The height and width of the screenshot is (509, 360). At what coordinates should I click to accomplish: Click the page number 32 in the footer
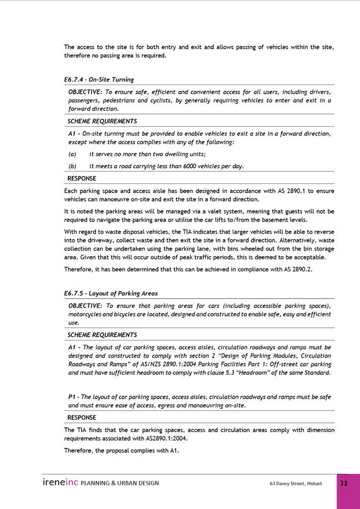[344, 484]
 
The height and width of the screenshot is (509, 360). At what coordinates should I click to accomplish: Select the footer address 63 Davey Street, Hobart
[295, 484]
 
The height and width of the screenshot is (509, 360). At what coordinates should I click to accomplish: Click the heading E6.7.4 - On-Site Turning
[99, 80]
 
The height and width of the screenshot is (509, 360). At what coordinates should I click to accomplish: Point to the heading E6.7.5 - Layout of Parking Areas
[111, 293]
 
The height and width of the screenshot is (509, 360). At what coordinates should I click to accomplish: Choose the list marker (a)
[72, 154]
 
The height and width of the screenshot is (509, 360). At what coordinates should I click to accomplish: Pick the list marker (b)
[72, 167]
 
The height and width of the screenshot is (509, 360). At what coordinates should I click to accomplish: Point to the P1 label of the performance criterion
[72, 397]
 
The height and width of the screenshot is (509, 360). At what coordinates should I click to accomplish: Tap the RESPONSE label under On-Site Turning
[82, 179]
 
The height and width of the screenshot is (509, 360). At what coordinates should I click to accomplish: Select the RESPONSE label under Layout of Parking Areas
[82, 418]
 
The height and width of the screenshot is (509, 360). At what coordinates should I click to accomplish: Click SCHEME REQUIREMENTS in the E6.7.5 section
[102, 335]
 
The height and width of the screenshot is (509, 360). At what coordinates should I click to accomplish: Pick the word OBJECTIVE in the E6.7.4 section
[85, 92]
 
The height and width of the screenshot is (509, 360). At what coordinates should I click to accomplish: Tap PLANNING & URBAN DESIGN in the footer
[120, 484]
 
